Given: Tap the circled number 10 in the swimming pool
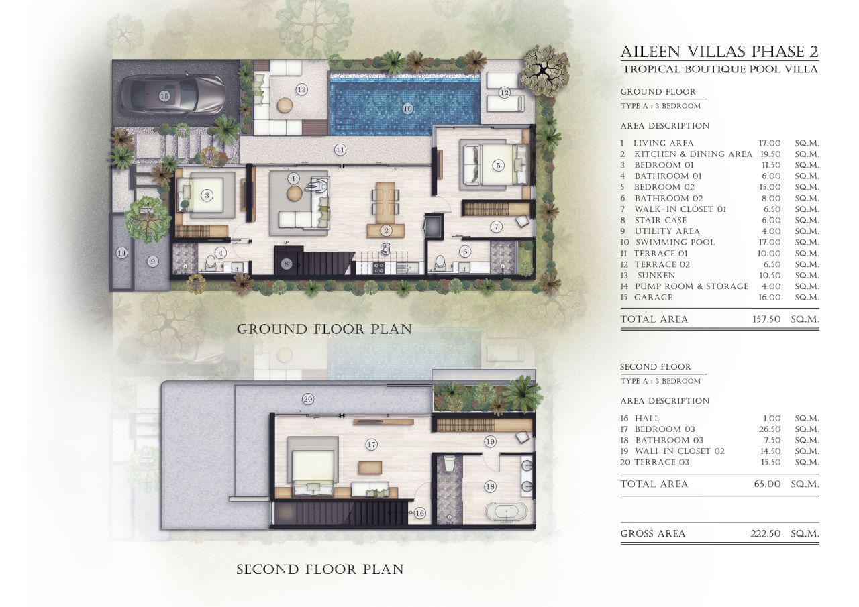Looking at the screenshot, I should [407, 108].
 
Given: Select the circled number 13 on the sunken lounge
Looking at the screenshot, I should [301, 89].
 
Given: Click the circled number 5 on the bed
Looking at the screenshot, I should [497, 165].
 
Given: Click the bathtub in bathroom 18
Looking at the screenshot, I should [506, 512].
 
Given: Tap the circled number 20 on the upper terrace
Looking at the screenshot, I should [308, 399].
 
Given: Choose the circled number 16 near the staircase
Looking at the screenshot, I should [420, 513].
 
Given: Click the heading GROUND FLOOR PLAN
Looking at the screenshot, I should [324, 329].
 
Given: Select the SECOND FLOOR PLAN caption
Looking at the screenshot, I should [320, 569].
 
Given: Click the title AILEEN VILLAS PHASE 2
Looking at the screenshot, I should [719, 52].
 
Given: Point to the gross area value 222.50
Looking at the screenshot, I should [766, 534].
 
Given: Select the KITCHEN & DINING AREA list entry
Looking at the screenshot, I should [693, 154].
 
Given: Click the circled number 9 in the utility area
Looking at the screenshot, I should [153, 261].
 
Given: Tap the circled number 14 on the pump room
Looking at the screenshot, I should [121, 253].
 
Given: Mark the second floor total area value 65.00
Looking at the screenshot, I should [769, 484].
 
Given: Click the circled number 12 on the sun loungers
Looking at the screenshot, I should [504, 92].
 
